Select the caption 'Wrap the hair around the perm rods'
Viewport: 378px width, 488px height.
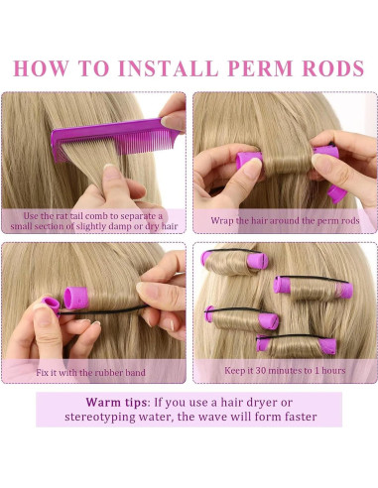pos(285,220)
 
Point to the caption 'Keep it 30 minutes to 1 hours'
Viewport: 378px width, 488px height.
pos(285,372)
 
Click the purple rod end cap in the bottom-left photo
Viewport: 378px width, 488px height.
pos(75,297)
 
